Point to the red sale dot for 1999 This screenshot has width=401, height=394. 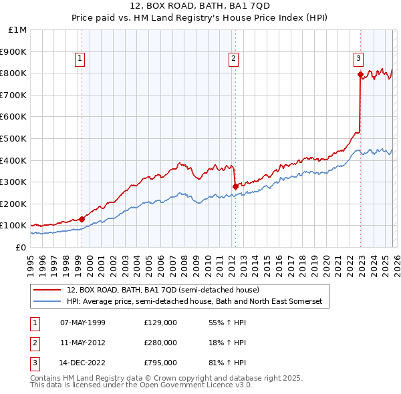point(82,218)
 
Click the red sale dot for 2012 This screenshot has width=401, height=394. point(235,186)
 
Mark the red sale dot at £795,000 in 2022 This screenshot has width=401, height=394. point(360,73)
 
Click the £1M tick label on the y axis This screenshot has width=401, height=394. point(17,29)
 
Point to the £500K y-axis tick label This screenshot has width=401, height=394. point(14,138)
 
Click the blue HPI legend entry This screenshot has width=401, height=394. point(194,302)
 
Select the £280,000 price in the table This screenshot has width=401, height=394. point(160,343)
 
